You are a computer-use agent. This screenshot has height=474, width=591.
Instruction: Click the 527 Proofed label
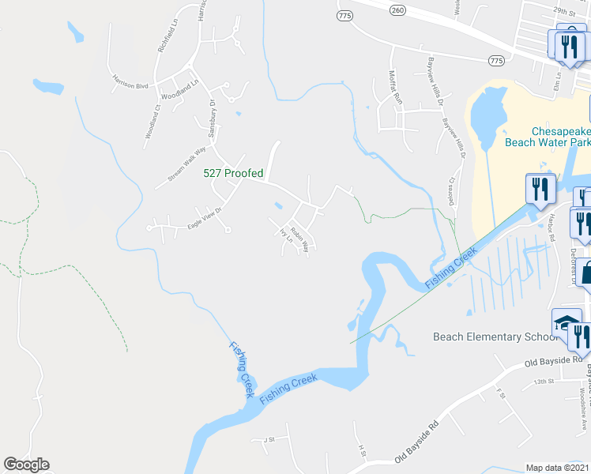coord(233,173)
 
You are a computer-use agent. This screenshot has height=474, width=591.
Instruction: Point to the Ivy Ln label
coord(285,235)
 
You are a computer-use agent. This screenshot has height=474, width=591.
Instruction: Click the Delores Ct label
coord(454,190)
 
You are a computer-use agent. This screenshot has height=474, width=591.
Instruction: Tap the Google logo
coord(26,465)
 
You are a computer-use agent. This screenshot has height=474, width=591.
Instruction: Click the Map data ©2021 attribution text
coord(557,468)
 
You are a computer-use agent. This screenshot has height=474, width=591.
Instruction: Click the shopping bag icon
coord(585,273)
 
